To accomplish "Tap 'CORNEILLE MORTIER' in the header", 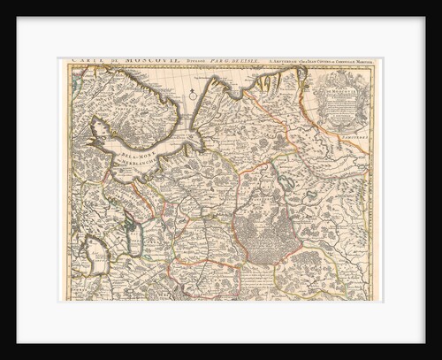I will click(349, 62).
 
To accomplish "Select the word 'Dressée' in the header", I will click(177, 62).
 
